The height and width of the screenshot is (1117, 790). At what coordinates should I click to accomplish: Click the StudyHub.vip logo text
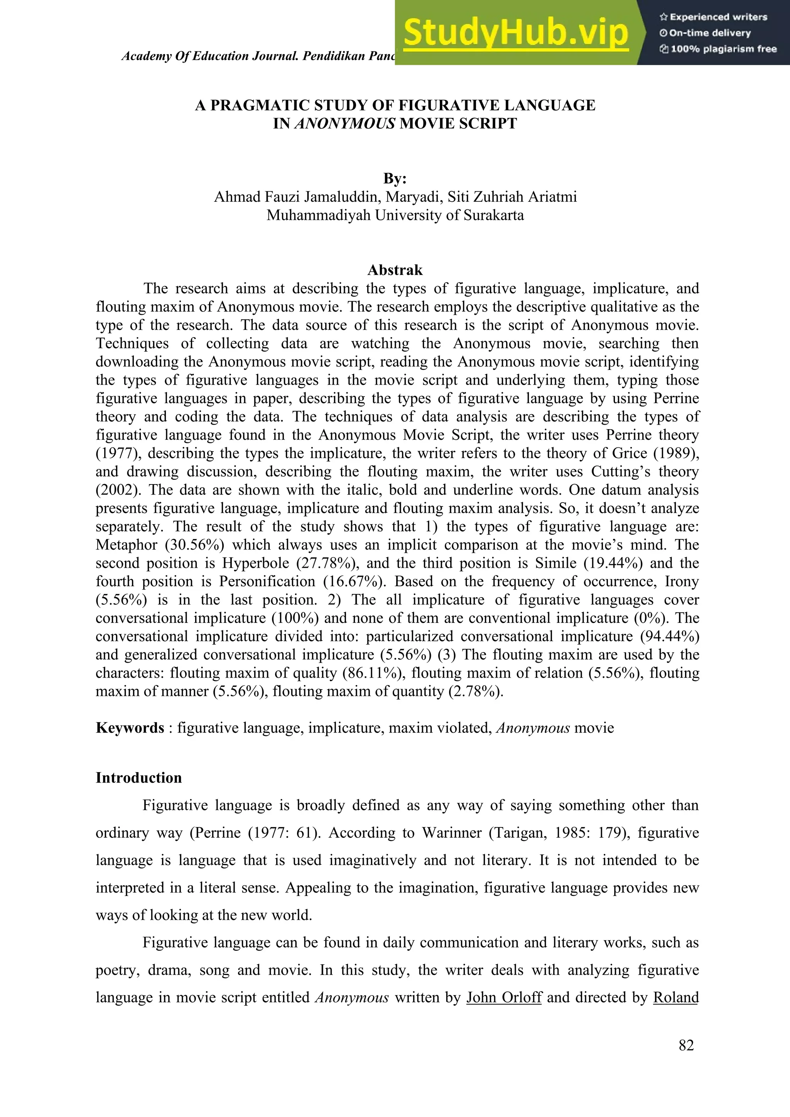coord(516,33)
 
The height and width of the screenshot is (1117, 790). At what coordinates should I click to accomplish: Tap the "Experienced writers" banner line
coord(713,17)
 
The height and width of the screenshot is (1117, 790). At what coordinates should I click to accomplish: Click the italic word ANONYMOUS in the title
coord(344,123)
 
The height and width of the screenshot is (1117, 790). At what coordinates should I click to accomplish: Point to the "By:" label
coord(395,178)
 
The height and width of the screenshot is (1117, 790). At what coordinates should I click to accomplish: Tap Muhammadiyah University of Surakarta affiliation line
coord(395,215)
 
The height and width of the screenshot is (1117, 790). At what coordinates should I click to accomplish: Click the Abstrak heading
coord(395,270)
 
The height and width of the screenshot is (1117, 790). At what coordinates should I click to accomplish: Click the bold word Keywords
coord(130,728)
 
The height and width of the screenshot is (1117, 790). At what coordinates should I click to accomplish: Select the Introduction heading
coord(138,778)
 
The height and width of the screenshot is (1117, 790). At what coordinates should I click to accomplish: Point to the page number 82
coord(686,1045)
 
